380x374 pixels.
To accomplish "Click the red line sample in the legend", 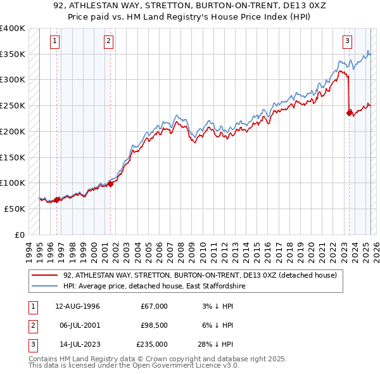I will pos(44,275).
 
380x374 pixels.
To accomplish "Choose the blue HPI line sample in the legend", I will pos(44,286).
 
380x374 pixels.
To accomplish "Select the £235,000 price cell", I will pos(152,344).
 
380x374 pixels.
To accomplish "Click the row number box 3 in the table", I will pos(32,344).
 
